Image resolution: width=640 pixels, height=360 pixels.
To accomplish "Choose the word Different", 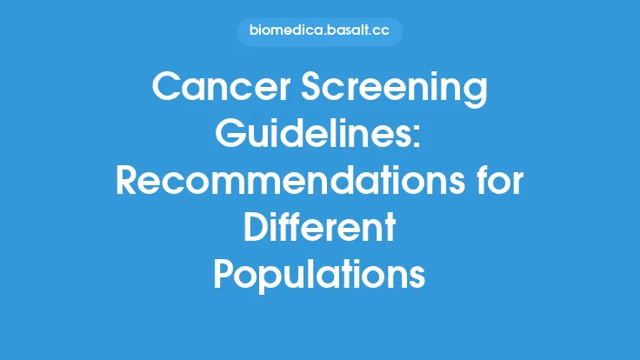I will point(319,230).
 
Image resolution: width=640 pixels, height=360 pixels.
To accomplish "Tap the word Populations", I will point(319,277).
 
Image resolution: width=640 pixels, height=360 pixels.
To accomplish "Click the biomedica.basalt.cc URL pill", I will point(319,32).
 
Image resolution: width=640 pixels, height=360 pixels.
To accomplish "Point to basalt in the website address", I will point(345,32).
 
